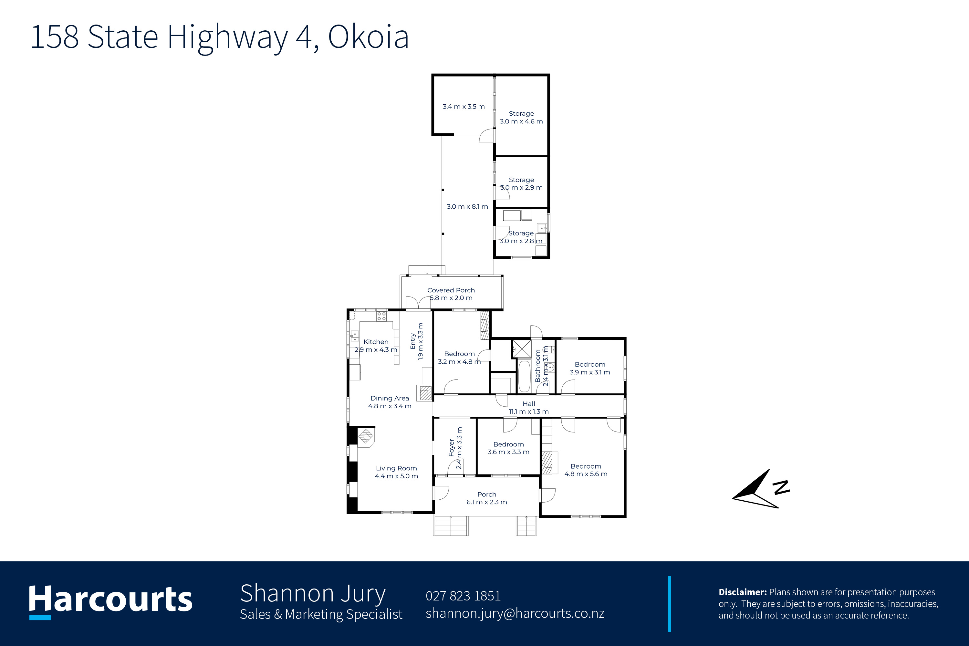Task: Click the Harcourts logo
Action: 110,601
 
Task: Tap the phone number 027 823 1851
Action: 463,596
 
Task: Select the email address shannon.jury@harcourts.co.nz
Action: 515,613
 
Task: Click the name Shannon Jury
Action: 313,594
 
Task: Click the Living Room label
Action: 396,468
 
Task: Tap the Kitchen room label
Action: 376,342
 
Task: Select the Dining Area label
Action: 390,398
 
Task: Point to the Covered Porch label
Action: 451,290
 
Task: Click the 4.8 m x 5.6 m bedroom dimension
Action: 586,474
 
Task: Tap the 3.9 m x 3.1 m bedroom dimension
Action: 590,372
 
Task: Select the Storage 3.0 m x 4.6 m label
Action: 521,118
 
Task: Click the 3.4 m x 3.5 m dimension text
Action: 464,107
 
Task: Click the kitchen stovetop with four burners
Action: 381,317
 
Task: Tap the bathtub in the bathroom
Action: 524,376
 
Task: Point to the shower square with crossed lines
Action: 522,349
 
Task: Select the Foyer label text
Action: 452,448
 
